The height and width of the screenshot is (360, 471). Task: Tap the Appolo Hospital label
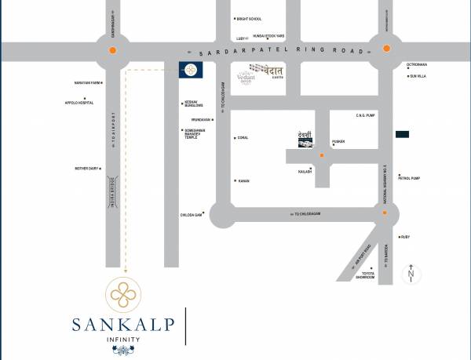(x=80, y=102)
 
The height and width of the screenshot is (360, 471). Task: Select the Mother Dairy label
(x=87, y=168)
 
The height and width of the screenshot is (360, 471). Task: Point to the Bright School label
(x=249, y=18)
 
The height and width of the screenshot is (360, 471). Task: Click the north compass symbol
(x=410, y=275)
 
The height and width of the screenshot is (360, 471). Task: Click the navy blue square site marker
(x=189, y=70)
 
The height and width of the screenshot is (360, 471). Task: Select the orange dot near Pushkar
(x=321, y=156)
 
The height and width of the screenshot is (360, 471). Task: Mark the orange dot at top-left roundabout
(x=113, y=50)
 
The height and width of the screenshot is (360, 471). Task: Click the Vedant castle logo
(x=270, y=71)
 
